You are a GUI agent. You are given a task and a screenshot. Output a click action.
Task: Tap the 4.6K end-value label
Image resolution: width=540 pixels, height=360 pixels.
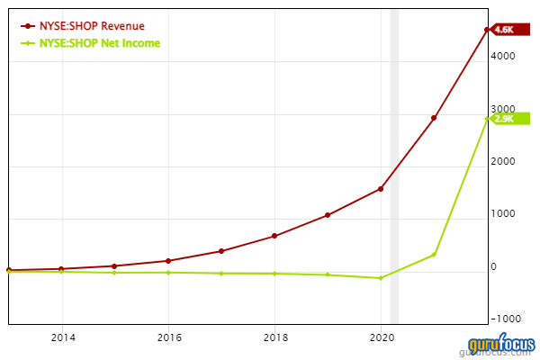point(505,30)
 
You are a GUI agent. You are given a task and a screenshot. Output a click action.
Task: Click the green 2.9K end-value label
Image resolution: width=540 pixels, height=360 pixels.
point(505,118)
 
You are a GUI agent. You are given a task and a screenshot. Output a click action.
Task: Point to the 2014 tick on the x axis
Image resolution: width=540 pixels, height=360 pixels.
point(62,338)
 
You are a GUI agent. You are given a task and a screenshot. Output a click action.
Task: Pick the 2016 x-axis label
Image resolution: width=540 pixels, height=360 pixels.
point(168,338)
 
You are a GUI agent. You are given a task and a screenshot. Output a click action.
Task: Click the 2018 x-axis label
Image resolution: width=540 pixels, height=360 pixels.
point(274,338)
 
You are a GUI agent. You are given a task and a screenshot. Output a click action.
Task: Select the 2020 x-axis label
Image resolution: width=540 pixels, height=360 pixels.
point(382,338)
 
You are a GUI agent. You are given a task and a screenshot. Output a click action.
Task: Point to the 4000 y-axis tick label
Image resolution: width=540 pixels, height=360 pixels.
point(503,56)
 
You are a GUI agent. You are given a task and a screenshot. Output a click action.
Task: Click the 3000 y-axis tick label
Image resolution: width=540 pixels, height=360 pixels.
point(503,109)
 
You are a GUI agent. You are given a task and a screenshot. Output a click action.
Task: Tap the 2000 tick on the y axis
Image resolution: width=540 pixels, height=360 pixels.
point(503,162)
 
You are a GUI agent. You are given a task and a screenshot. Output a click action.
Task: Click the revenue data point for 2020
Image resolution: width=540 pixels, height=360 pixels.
point(381,189)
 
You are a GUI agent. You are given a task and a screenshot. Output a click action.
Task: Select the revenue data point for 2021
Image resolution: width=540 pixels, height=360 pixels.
point(434,118)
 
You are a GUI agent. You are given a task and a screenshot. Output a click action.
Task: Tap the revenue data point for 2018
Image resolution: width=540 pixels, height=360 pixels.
point(274,236)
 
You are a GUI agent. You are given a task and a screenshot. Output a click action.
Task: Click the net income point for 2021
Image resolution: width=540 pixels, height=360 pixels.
point(434,255)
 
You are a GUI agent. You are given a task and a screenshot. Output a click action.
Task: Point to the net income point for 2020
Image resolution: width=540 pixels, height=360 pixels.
point(381,278)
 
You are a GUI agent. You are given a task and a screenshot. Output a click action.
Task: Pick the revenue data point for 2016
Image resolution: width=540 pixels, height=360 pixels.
point(168,261)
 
